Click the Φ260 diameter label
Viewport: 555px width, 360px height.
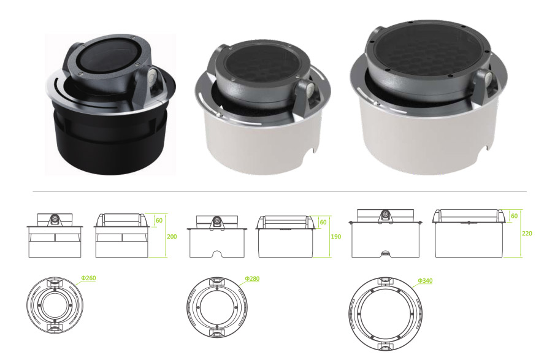(x=88, y=278)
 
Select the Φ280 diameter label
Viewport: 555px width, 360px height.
(x=252, y=279)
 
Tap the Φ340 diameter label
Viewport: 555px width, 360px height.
(x=425, y=281)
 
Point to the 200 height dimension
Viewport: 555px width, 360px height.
(x=172, y=237)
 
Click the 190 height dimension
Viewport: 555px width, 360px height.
(x=336, y=237)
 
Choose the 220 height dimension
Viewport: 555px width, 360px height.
(x=527, y=233)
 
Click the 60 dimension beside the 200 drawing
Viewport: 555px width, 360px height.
(x=159, y=220)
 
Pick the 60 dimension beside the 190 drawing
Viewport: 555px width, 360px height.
(x=323, y=222)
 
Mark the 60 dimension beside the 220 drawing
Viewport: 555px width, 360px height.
(x=515, y=216)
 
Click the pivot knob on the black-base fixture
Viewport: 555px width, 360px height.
(x=152, y=76)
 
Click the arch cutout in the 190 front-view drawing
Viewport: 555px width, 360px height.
(x=217, y=255)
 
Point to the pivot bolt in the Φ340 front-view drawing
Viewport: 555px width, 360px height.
(x=385, y=215)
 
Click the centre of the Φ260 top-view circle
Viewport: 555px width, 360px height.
(x=55, y=305)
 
